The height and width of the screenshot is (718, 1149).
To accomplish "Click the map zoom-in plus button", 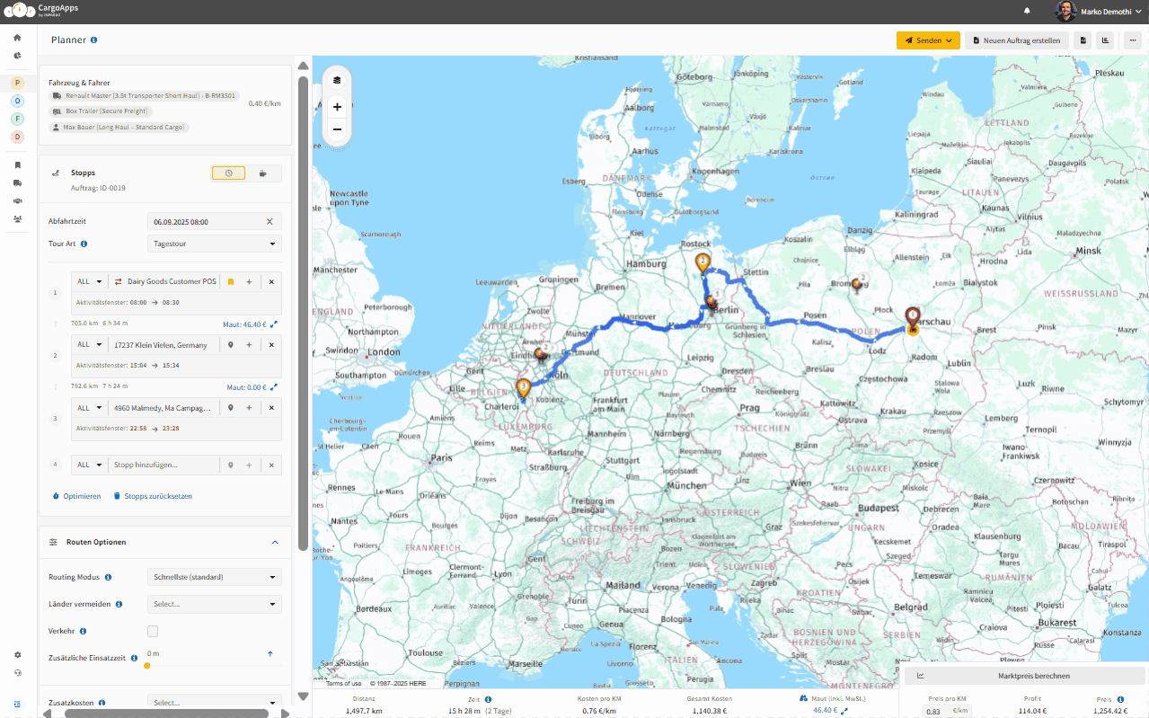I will (x=337, y=107).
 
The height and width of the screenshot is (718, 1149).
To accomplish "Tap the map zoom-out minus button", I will (x=337, y=129).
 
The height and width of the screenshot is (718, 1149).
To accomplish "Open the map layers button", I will (x=337, y=80).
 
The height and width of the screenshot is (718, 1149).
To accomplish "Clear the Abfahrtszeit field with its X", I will (x=270, y=221).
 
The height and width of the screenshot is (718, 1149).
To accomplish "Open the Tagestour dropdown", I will (x=214, y=244).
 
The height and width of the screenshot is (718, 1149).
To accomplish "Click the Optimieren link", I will (x=77, y=496).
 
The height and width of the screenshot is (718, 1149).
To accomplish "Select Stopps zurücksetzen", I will (x=153, y=496).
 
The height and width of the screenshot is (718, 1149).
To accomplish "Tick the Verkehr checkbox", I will (x=153, y=632).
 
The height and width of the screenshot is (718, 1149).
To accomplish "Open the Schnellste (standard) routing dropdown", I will (x=214, y=577).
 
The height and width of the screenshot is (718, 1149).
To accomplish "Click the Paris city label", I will (x=441, y=457).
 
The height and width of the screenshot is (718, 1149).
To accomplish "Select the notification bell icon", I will (x=1027, y=11).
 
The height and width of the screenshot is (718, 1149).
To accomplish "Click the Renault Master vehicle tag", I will (x=144, y=95).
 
